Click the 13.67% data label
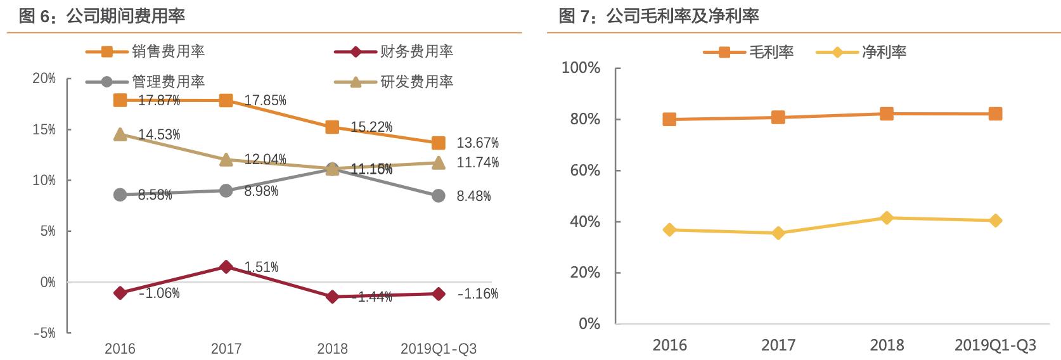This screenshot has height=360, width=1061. pyautogui.click(x=477, y=143)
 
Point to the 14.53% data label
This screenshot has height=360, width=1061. pyautogui.click(x=159, y=134)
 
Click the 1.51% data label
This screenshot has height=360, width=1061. pyautogui.click(x=261, y=267)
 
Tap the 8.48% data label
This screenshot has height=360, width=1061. pyautogui.click(x=473, y=196)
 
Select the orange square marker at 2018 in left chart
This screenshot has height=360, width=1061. pyautogui.click(x=332, y=127)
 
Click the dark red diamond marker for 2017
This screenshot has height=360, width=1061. pyautogui.click(x=226, y=267)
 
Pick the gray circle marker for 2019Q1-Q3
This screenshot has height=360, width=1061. pyautogui.click(x=438, y=196)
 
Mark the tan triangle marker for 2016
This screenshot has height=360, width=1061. pyautogui.click(x=120, y=134)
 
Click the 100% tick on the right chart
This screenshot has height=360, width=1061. pyautogui.click(x=581, y=68)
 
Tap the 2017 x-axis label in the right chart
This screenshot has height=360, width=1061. pyautogui.click(x=778, y=345)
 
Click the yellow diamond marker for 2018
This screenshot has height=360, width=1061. pyautogui.click(x=887, y=218)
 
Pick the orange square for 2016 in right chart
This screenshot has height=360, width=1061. pyautogui.click(x=669, y=119)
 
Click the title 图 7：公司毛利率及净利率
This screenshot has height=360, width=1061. pyautogui.click(x=659, y=16)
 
